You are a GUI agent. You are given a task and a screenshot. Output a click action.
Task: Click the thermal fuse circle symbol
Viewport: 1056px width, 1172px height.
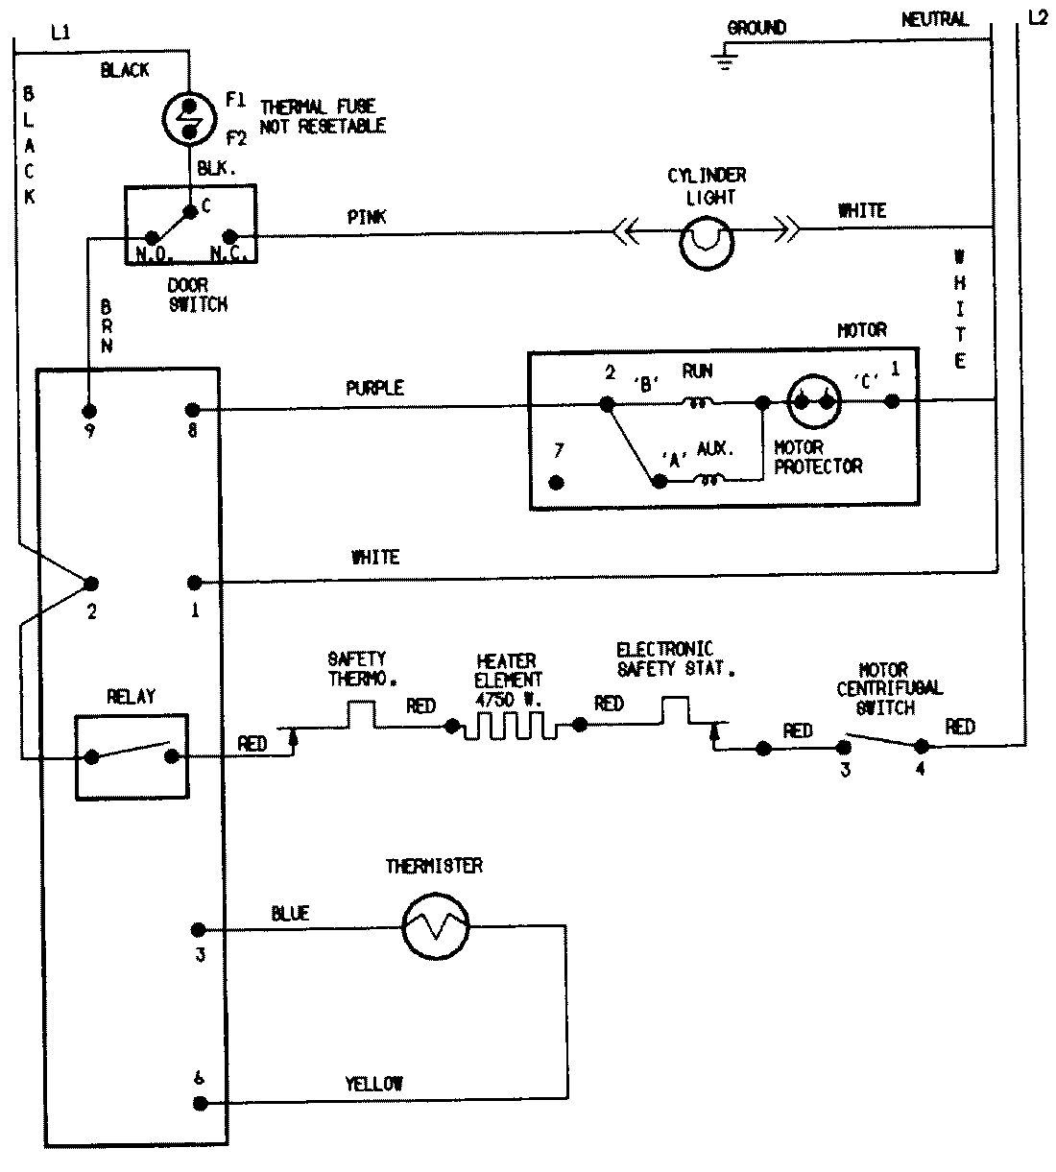(190, 117)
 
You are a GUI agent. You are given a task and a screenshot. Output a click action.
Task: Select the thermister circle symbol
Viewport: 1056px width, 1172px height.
(435, 927)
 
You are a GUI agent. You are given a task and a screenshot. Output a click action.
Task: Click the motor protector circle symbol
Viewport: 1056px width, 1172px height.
(814, 403)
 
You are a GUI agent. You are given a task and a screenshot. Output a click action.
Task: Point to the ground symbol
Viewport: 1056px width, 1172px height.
(726, 63)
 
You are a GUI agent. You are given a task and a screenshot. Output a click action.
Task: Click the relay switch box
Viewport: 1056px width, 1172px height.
(132, 755)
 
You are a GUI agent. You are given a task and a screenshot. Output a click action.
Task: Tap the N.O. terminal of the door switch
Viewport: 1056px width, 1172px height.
(152, 237)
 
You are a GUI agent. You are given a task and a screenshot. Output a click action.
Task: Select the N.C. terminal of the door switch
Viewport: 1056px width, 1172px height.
(229, 237)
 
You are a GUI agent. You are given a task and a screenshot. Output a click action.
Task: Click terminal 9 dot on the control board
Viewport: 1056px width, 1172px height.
(89, 410)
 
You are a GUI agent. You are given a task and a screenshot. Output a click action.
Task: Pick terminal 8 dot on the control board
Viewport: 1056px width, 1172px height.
(193, 410)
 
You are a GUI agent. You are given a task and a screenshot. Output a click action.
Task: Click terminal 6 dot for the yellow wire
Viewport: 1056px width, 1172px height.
(199, 1103)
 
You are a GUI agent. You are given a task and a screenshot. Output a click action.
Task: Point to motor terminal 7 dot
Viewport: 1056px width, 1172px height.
(555, 482)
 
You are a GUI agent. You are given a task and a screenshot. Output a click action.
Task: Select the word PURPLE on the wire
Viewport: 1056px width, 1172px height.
(374, 389)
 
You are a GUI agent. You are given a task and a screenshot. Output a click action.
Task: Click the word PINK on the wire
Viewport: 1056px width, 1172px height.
(367, 218)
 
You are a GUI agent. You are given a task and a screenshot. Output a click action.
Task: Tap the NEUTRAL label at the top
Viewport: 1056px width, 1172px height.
(934, 19)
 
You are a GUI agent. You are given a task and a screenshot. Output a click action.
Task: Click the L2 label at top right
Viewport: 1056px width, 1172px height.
(1038, 19)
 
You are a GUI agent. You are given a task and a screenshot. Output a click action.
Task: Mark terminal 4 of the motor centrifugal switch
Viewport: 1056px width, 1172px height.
(921, 746)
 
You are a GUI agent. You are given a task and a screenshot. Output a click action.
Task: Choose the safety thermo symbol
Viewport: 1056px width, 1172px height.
(359, 713)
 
